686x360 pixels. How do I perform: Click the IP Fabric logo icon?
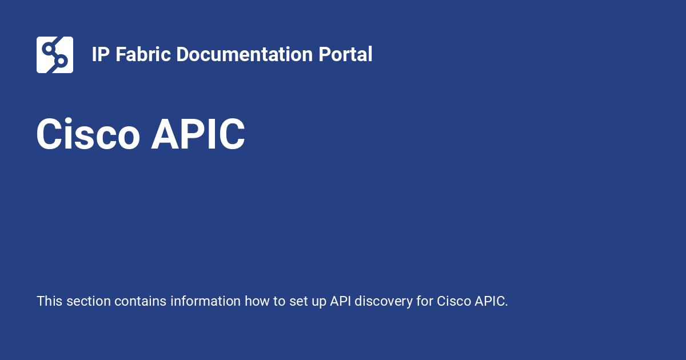(55, 55)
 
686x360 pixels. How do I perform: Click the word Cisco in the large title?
(88, 135)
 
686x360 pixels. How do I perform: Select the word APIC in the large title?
(198, 135)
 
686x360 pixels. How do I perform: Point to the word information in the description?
(205, 301)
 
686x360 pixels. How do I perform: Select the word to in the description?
(279, 301)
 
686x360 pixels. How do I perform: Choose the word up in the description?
(318, 301)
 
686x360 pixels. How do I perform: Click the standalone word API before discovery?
(340, 301)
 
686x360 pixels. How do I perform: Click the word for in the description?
(424, 301)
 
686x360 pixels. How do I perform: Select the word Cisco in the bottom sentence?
(454, 301)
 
